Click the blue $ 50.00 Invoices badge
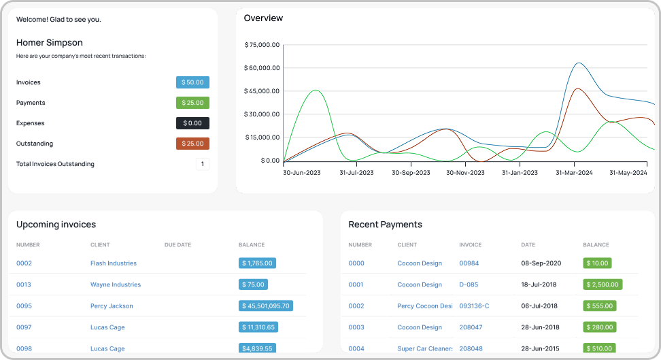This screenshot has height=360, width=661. point(192,82)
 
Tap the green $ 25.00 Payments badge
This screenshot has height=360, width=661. point(192,103)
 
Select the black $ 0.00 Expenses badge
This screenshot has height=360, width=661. point(192,123)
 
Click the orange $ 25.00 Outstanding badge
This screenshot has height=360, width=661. point(192,144)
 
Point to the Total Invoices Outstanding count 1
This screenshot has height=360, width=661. point(203,164)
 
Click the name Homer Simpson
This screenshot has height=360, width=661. point(50,42)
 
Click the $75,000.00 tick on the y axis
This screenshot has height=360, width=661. point(262,45)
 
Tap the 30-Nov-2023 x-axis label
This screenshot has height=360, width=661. point(465,173)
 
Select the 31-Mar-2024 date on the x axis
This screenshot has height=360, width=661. point(575,173)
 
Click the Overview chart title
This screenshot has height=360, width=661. point(263,18)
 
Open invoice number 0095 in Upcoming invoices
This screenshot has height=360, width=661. point(24,306)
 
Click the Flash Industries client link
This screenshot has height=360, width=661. point(114,263)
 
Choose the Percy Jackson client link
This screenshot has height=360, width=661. point(112,306)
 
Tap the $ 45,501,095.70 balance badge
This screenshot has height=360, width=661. point(266,306)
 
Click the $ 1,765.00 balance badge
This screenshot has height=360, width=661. point(257,263)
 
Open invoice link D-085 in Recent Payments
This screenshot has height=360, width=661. point(469,285)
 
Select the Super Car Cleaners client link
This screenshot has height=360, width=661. point(425,349)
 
